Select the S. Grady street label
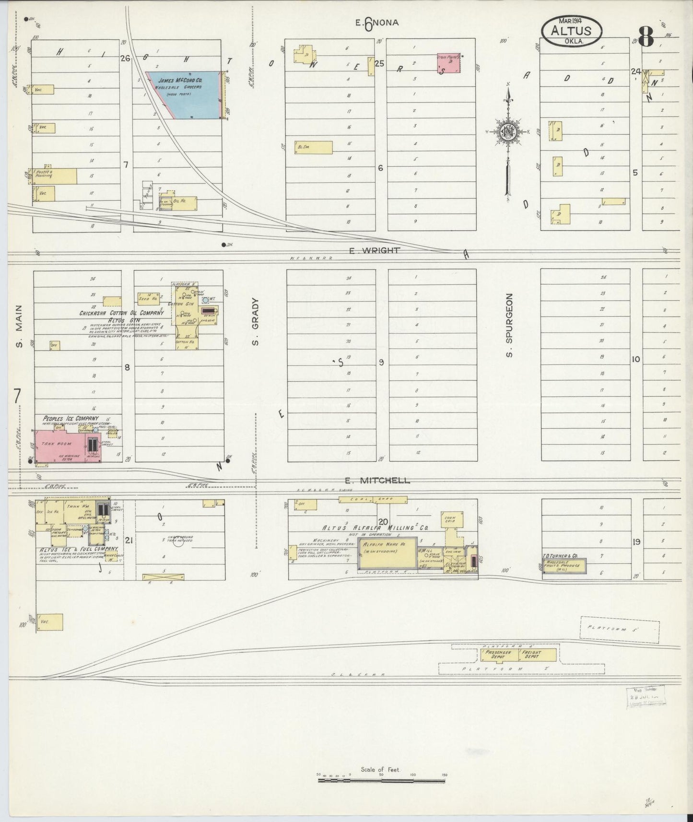[256, 322]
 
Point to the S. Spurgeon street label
[509, 325]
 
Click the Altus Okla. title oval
[572, 31]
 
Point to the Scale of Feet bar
[381, 781]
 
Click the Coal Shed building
[373, 500]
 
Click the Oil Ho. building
[184, 203]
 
